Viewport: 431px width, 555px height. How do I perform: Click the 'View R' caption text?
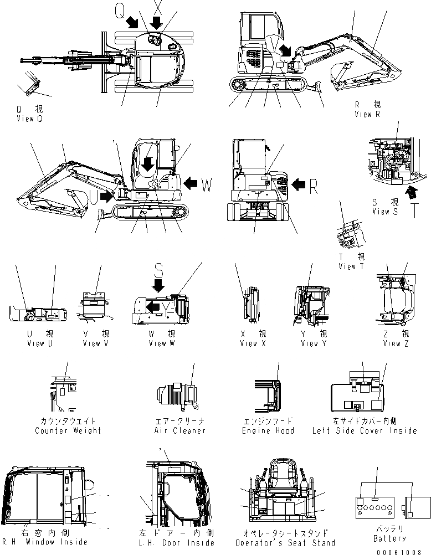pos(367,114)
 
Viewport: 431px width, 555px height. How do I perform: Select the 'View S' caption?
pos(385,212)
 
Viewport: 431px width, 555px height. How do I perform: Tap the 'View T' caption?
pos(352,266)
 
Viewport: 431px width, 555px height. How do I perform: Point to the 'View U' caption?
pos(40,343)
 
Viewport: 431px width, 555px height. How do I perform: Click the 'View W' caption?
pos(162,343)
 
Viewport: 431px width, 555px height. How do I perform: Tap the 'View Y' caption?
pos(314,343)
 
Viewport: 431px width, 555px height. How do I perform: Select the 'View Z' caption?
pos(396,343)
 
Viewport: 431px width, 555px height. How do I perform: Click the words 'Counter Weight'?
pos(68,430)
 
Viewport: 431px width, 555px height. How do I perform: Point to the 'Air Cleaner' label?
pos(181,430)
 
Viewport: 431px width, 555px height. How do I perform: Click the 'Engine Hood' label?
pos(268,430)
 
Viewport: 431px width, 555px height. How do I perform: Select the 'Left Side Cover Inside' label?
pos(364,430)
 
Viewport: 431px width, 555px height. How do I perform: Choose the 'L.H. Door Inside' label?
pos(170,542)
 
